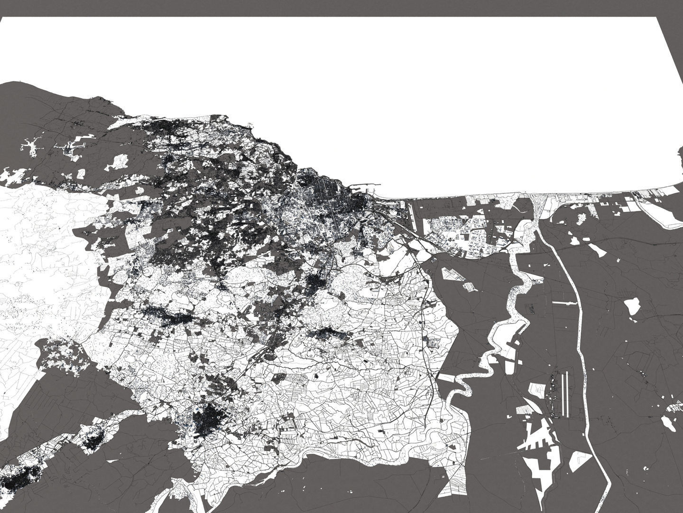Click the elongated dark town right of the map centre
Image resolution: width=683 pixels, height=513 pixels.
[x=327, y=334]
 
